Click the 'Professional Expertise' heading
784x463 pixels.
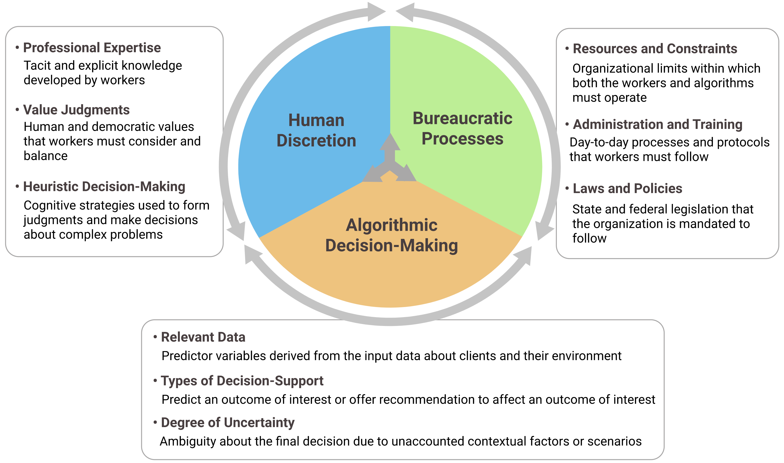click(92, 48)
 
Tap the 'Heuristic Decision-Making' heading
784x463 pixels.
click(104, 186)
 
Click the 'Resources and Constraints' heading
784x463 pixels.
click(655, 49)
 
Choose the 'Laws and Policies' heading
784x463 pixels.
click(627, 188)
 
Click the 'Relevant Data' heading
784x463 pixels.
click(203, 337)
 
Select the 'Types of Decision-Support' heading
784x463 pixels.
click(242, 381)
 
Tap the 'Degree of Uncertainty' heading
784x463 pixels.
click(227, 423)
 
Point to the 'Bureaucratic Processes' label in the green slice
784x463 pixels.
click(462, 128)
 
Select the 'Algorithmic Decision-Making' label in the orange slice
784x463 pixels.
click(391, 235)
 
